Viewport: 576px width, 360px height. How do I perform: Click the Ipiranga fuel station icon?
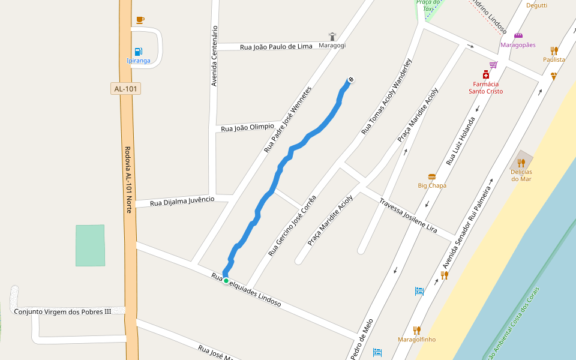click(x=139, y=51)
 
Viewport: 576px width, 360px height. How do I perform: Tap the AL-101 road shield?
click(x=126, y=89)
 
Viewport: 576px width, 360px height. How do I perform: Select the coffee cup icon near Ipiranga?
click(x=140, y=20)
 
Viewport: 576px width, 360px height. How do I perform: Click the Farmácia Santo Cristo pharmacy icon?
click(x=485, y=74)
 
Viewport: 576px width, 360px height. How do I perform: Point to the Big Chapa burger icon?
click(x=432, y=177)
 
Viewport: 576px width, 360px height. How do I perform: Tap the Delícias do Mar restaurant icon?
click(x=521, y=163)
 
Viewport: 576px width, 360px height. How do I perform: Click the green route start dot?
click(x=226, y=281)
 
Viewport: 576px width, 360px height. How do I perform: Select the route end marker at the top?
click(x=351, y=79)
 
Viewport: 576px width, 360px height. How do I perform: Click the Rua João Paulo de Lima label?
click(x=276, y=46)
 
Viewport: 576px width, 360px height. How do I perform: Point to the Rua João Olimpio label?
click(x=247, y=127)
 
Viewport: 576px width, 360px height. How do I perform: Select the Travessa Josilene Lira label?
click(x=408, y=214)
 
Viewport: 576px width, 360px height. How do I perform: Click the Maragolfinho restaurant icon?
click(x=416, y=330)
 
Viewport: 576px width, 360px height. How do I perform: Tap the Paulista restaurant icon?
click(x=554, y=51)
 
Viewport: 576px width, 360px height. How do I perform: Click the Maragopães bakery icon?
click(x=518, y=36)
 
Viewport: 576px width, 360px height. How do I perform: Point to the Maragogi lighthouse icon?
click(x=332, y=37)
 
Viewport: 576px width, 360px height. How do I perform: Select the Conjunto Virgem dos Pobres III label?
click(x=62, y=311)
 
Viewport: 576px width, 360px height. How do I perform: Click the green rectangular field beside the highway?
click(x=90, y=245)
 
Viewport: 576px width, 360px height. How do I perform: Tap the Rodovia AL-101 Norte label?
click(x=128, y=180)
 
